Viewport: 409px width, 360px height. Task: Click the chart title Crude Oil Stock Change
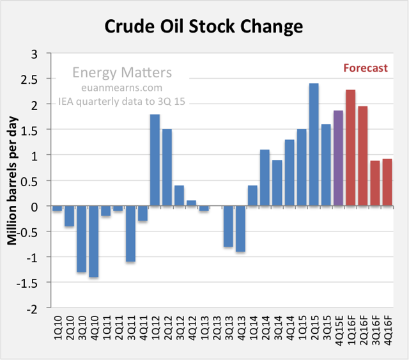[204, 27]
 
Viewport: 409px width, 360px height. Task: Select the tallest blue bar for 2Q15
[314, 145]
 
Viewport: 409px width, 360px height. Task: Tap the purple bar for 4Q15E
[338, 158]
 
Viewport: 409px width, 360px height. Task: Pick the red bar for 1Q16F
[351, 148]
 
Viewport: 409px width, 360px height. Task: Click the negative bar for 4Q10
[94, 242]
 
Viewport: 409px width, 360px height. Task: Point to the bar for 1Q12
[155, 160]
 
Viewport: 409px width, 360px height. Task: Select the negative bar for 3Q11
[130, 233]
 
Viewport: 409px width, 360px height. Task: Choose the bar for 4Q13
[240, 229]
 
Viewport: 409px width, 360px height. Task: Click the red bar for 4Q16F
[387, 182]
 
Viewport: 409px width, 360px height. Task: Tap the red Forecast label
[366, 68]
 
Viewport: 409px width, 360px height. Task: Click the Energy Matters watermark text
[122, 72]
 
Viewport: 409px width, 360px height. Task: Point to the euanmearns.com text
[122, 88]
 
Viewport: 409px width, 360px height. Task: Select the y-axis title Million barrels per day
[12, 181]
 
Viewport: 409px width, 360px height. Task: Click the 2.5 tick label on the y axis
[29, 80]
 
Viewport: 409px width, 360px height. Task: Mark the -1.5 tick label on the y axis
[27, 283]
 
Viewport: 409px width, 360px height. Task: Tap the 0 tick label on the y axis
[35, 207]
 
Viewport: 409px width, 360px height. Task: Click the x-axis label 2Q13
[217, 328]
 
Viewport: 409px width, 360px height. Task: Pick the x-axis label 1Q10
[58, 328]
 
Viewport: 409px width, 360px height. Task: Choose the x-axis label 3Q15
[327, 328]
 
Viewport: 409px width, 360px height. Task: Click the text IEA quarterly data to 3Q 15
[121, 101]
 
